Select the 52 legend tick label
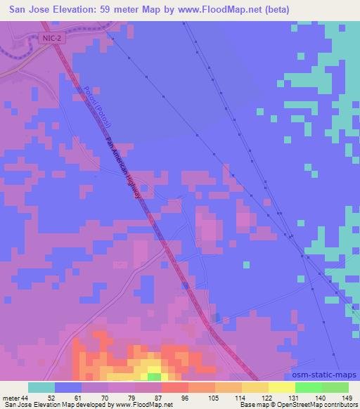56,398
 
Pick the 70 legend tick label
109,398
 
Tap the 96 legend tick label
189,398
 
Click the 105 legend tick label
216,398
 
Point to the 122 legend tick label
269,398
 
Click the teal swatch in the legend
42,387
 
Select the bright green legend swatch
309,387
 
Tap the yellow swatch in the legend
283,387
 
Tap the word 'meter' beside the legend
10,398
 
